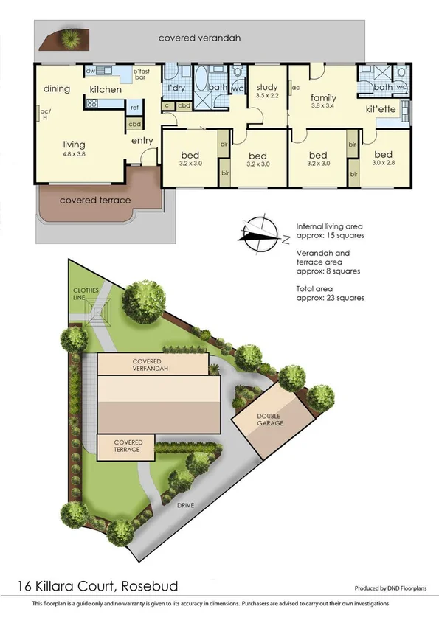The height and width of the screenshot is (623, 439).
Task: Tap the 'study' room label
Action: coord(266,88)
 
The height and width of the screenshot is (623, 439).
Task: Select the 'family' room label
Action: coord(323,97)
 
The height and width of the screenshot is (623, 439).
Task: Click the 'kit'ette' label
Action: coord(381,109)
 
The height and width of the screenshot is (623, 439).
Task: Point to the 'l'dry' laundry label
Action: coord(176,88)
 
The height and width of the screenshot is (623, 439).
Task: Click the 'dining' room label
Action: coord(57,89)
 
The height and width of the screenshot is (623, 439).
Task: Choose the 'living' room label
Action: coord(74,145)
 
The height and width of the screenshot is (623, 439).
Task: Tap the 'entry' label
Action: coord(142,140)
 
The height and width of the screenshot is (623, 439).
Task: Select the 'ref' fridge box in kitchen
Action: coord(134,108)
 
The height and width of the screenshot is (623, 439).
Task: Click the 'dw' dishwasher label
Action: coord(89,71)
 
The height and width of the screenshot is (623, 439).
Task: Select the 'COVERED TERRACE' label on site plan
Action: coord(127,446)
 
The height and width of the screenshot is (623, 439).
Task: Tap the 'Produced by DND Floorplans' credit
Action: coord(390,589)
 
